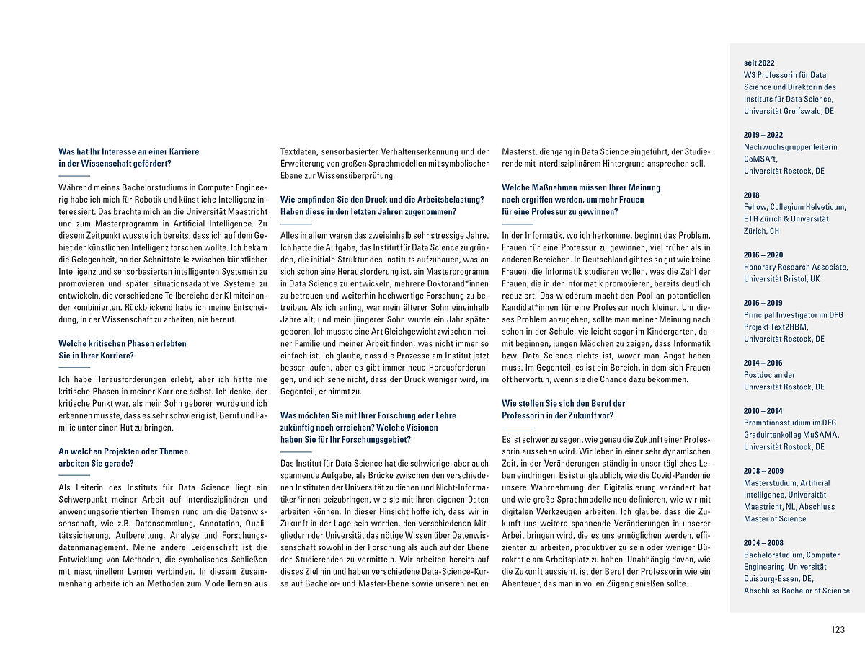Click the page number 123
click(837, 630)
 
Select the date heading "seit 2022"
click(759, 63)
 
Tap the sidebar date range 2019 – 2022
click(763, 135)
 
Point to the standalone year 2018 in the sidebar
click(753, 195)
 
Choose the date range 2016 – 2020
click(763, 255)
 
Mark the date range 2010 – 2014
click(763, 411)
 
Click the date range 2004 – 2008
click(763, 543)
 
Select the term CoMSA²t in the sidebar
click(760, 159)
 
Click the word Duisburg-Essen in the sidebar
click(775, 579)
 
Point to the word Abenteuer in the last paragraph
click(523, 583)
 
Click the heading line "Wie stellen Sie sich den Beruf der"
click(563, 403)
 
